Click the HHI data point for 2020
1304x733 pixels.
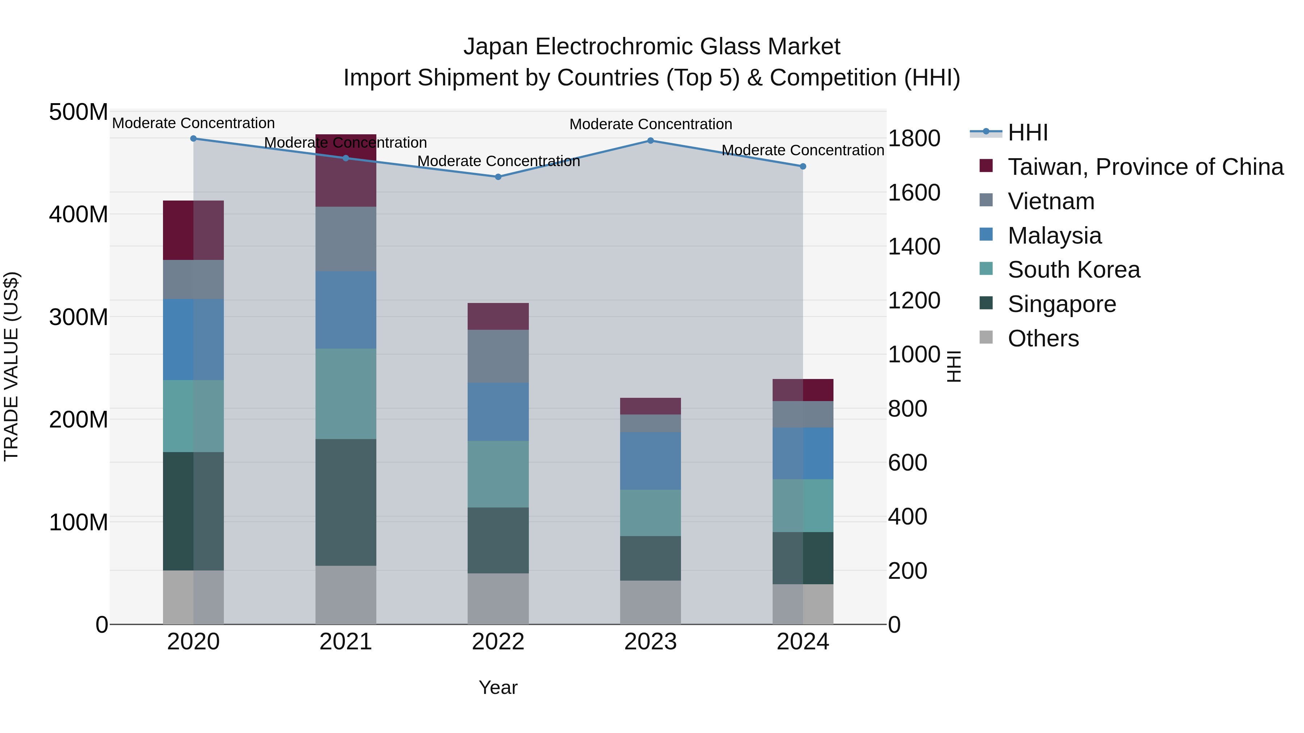(x=193, y=139)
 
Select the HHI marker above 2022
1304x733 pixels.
(x=498, y=177)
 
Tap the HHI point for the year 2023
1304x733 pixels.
(x=651, y=141)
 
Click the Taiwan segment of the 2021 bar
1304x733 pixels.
(x=346, y=177)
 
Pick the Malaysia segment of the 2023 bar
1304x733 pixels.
(x=651, y=461)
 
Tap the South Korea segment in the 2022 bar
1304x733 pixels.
(x=498, y=474)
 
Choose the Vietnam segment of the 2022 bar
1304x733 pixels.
(x=498, y=356)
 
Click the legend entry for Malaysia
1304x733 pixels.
(x=1054, y=236)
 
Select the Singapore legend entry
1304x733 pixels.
(x=1062, y=304)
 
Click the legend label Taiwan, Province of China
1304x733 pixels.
(x=1145, y=167)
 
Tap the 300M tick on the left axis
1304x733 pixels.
(x=79, y=317)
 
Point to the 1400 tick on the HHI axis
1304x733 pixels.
(x=914, y=247)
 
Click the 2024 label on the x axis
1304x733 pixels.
(x=803, y=642)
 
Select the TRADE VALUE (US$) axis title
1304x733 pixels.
(x=11, y=366)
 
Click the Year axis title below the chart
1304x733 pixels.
(x=498, y=687)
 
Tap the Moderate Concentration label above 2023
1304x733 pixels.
(x=651, y=124)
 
